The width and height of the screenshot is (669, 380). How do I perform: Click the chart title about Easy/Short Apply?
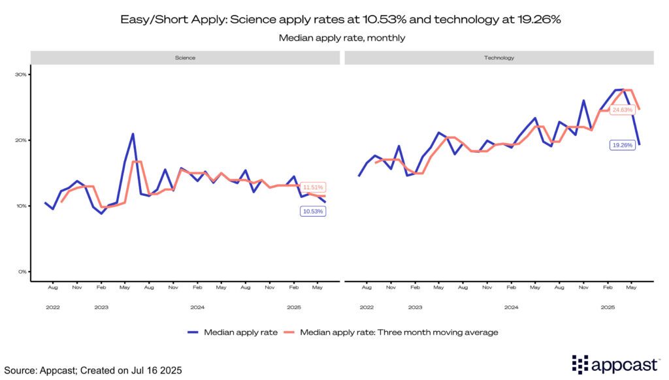click(341, 20)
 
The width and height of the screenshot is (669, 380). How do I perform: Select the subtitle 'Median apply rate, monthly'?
click(342, 38)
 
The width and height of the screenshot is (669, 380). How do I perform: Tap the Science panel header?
click(185, 57)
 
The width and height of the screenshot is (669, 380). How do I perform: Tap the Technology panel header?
click(498, 57)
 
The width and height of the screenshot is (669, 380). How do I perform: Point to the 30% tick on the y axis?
click(21, 74)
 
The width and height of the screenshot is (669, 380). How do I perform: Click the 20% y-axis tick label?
click(21, 140)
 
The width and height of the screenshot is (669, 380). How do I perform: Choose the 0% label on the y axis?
click(22, 272)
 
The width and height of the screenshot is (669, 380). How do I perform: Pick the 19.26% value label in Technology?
click(622, 145)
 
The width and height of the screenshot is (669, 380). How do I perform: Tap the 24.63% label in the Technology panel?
click(622, 110)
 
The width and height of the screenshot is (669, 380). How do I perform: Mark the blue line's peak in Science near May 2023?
click(133, 134)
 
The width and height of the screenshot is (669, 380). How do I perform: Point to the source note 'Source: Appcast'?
click(91, 370)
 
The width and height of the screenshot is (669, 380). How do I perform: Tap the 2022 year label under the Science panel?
click(53, 306)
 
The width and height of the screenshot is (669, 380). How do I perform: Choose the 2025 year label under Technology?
click(608, 306)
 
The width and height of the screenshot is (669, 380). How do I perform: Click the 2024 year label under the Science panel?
click(197, 306)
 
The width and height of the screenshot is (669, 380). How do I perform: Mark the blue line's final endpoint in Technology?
click(639, 144)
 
